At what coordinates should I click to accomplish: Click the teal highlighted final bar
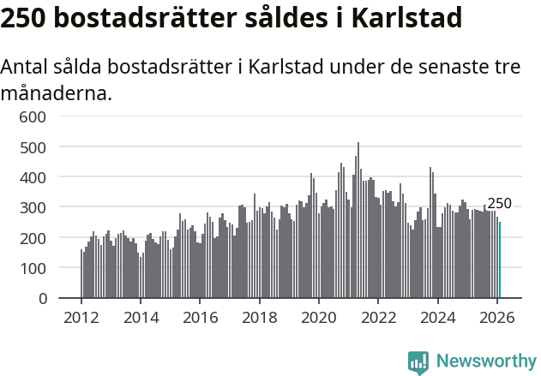pos(500,260)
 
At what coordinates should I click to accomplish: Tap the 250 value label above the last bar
pos(499,204)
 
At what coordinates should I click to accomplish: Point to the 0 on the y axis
pos(53,299)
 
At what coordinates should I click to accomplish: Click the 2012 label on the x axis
pos(81,317)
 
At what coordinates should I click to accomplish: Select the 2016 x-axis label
pos(200,317)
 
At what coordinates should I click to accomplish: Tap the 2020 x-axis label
pos(319,317)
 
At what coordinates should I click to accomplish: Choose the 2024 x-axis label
pos(437,317)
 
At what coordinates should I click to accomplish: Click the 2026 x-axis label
pos(497,317)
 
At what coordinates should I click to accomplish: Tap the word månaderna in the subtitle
pos(56,93)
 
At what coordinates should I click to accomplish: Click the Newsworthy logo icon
pos(418,362)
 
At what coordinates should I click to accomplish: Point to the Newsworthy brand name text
pos(485,361)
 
